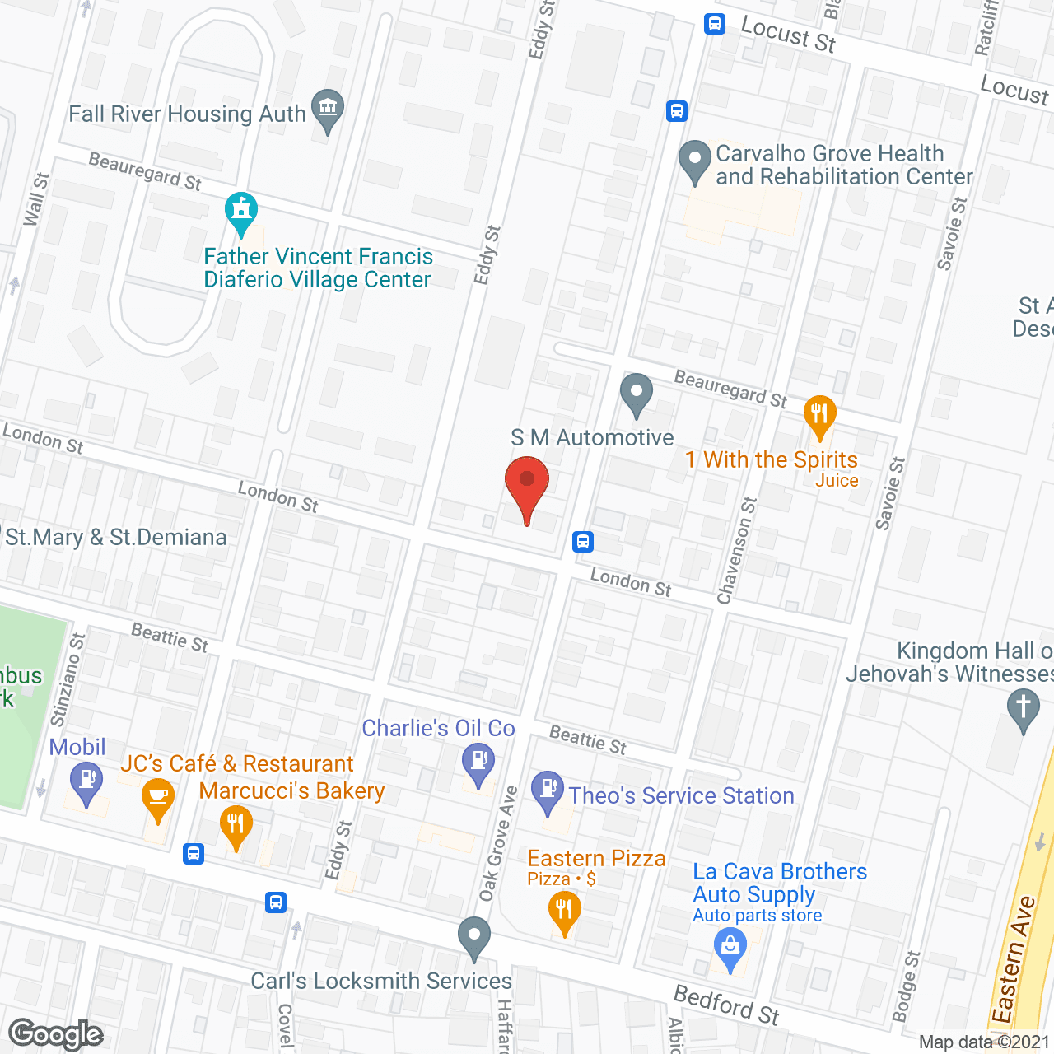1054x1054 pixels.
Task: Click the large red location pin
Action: click(x=527, y=485)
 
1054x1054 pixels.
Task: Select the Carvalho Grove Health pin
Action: click(x=695, y=161)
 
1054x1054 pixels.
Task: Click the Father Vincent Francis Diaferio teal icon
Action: click(x=241, y=212)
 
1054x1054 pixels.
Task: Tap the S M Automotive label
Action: click(x=592, y=438)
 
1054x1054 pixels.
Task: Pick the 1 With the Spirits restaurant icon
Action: click(x=819, y=415)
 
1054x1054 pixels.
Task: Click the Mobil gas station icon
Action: click(x=86, y=781)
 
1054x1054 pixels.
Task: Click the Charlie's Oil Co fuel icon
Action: click(x=478, y=762)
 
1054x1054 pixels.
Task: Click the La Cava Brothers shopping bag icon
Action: click(x=730, y=947)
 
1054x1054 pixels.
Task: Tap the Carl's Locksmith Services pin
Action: click(x=473, y=937)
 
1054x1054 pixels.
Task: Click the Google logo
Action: click(x=56, y=1034)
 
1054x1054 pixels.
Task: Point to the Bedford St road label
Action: click(x=726, y=1005)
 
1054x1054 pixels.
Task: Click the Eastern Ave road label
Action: click(x=1014, y=959)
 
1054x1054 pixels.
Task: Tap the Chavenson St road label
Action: click(x=737, y=550)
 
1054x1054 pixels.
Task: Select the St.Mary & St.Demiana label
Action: click(x=116, y=538)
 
